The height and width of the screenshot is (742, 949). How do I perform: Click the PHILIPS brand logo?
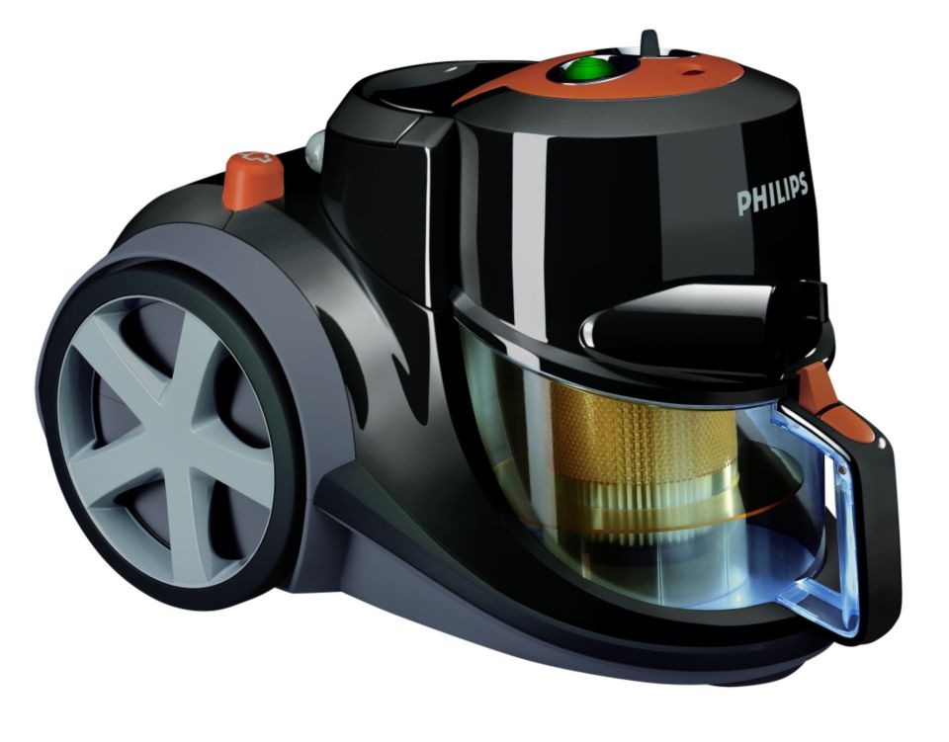[772, 194]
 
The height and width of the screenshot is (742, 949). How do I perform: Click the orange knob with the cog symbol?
[253, 179]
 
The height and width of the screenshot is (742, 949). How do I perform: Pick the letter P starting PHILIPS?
[743, 204]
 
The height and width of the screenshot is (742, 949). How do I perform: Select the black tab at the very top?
[649, 41]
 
